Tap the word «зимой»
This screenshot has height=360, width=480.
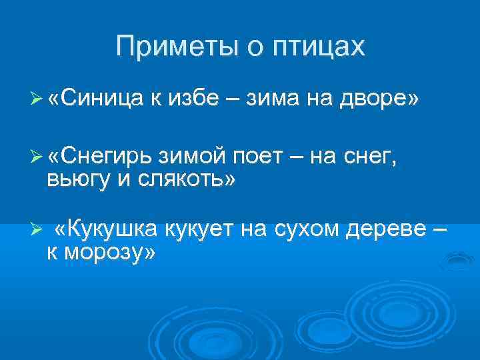(x=193, y=155)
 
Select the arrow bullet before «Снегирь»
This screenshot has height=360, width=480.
(x=37, y=156)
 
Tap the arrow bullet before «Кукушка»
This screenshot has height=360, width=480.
(x=37, y=231)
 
